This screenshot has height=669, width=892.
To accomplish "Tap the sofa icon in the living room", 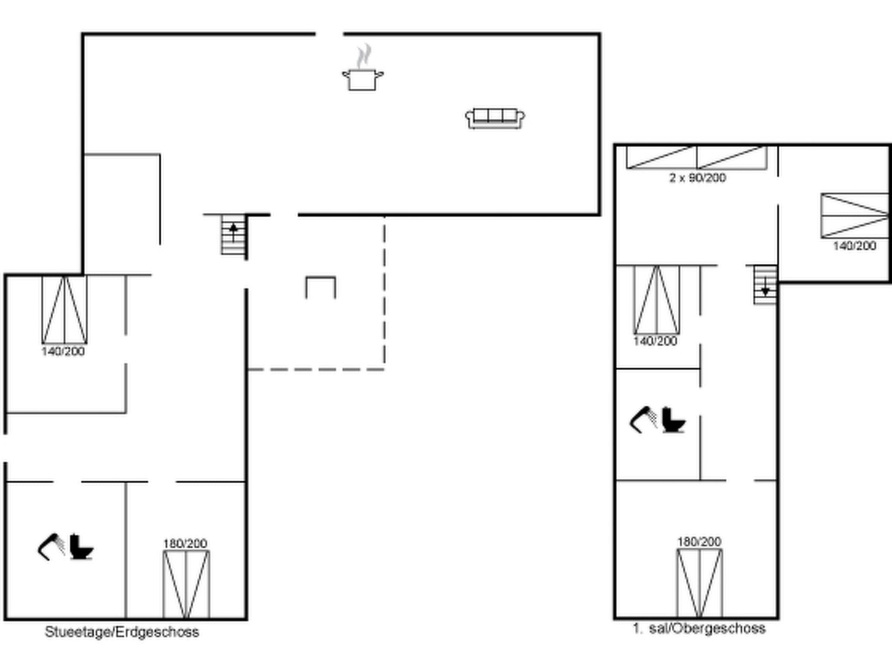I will [x=495, y=118].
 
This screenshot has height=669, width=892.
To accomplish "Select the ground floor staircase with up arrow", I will [x=233, y=235].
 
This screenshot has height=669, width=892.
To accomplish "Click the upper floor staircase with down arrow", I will [x=765, y=285].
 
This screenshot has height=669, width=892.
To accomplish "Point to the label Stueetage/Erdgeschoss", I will [x=122, y=632].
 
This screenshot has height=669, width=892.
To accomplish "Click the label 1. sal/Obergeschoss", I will [x=699, y=628].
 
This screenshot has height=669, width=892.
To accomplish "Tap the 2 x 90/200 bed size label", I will [x=697, y=178].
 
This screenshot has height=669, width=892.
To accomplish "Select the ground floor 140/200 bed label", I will [x=63, y=351].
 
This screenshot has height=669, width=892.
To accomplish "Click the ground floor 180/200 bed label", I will [x=185, y=544].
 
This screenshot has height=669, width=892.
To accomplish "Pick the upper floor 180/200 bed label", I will [x=699, y=542].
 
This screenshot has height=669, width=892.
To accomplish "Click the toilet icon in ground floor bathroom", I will [x=81, y=547].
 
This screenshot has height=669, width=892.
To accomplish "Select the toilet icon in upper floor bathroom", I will [x=673, y=420].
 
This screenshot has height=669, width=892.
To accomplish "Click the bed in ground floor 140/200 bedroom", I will [x=64, y=310].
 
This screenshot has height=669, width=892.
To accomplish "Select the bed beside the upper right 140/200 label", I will [x=854, y=216].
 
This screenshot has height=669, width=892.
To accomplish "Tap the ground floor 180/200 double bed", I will [x=186, y=584].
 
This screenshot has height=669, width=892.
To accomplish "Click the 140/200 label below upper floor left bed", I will [x=655, y=341].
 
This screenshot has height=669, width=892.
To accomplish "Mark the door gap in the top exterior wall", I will [x=329, y=34].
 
